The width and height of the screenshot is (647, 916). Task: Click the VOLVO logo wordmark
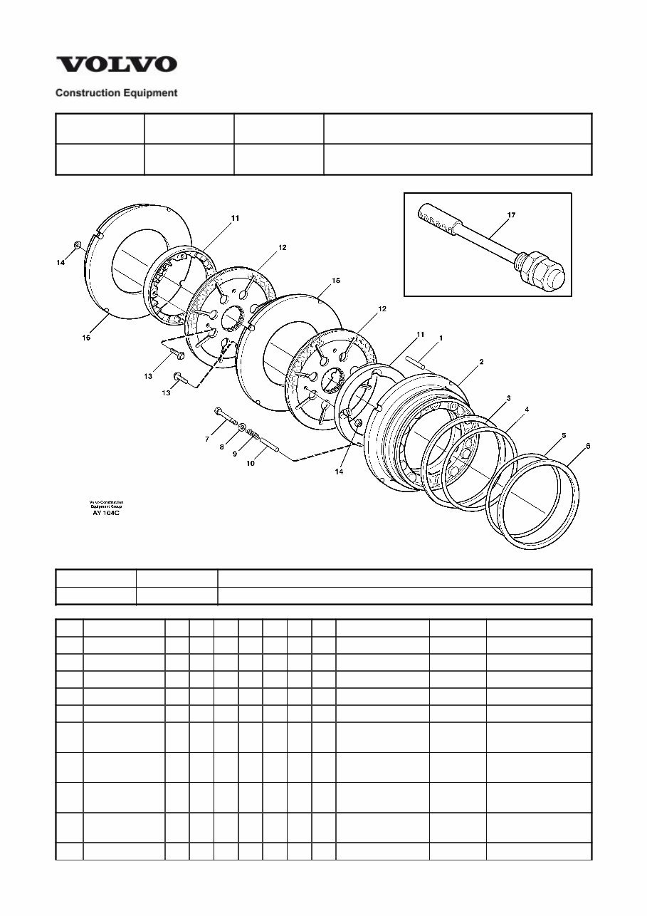click(x=117, y=64)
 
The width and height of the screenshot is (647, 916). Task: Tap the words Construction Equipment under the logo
click(x=117, y=93)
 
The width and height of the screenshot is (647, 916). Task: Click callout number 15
click(x=336, y=281)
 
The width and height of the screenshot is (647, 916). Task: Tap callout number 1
click(x=440, y=338)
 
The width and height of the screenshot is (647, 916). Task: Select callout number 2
click(x=481, y=362)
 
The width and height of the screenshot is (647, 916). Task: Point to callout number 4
click(x=526, y=410)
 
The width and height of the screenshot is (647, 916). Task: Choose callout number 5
click(x=563, y=434)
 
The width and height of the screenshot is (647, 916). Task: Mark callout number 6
click(x=587, y=446)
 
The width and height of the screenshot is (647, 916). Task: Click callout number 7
click(x=207, y=439)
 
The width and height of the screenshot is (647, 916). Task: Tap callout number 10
click(x=250, y=463)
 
